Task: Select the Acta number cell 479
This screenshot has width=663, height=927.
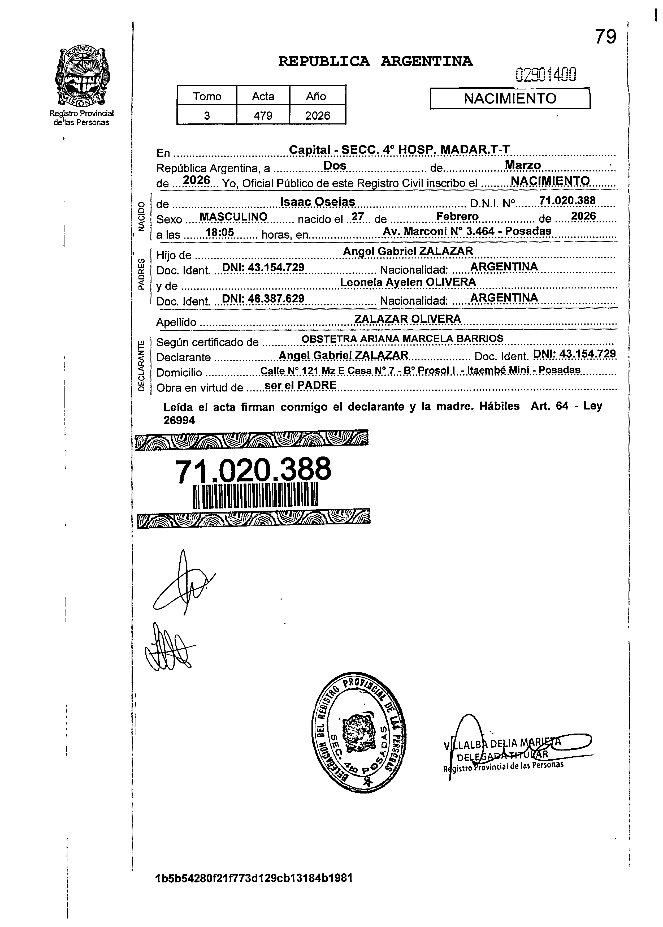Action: point(263,115)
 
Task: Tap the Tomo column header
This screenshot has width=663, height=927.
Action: point(207,96)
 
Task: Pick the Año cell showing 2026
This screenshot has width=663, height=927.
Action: point(318,115)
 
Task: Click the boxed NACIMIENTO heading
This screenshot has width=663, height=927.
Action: point(510,98)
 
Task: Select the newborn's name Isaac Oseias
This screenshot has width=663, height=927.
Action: point(318,202)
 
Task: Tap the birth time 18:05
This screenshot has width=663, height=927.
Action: point(220,233)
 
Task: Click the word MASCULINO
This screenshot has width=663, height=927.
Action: point(233,217)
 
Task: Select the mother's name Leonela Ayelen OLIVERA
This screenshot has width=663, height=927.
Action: point(408,282)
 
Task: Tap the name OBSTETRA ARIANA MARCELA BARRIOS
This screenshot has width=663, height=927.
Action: point(402,339)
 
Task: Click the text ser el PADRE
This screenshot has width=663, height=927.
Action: point(301,385)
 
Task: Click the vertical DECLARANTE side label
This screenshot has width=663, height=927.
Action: point(141,365)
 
